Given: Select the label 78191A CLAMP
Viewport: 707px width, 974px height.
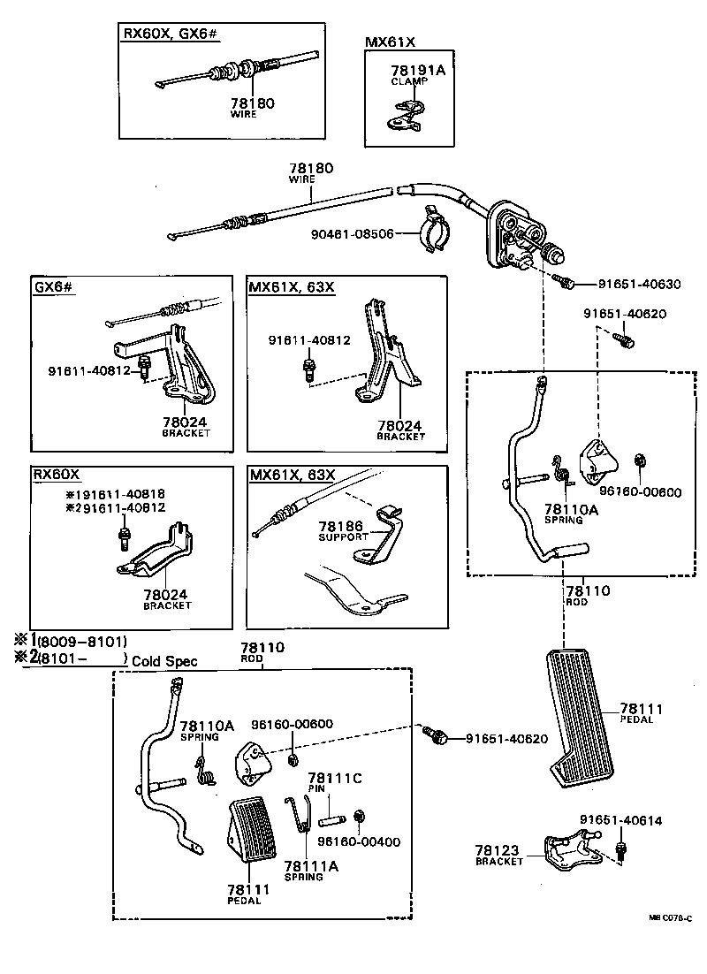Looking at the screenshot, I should pos(417,73).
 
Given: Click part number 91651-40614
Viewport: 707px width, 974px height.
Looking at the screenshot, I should pos(620,820).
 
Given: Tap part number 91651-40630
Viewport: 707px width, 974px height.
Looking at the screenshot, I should pos(639,284).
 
